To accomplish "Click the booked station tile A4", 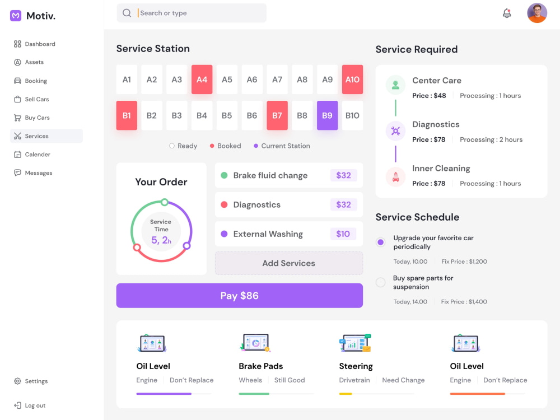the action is (202, 80).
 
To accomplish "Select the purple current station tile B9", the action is (327, 115).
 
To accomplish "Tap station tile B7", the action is (277, 115).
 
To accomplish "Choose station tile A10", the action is (352, 80).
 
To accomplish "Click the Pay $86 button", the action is (239, 296).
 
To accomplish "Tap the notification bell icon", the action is (507, 13).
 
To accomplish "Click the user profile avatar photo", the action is (537, 13).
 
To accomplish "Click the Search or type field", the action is (192, 13).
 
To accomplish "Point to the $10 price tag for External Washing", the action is (343, 234).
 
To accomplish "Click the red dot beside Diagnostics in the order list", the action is (225, 204).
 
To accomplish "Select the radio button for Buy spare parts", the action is (381, 282).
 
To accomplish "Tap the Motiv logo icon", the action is (16, 16).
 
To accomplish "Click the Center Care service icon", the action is (395, 85).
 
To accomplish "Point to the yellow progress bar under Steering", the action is (346, 394).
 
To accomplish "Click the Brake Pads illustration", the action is (255, 343).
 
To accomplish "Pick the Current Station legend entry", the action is (282, 146).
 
